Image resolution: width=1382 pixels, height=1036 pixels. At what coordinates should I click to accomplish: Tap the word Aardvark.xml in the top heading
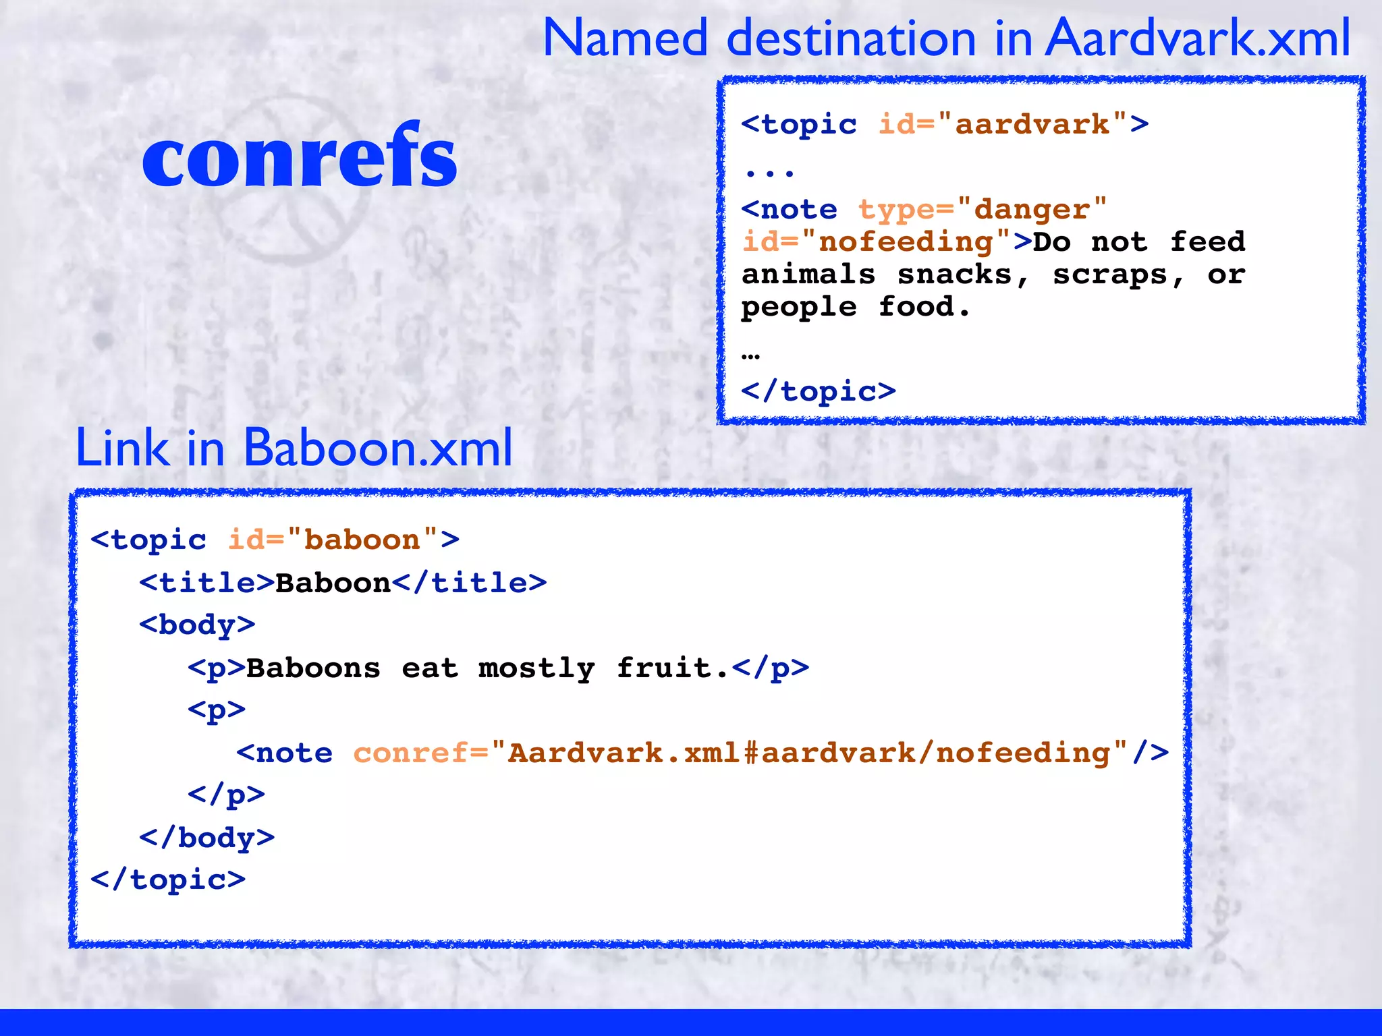point(1198,38)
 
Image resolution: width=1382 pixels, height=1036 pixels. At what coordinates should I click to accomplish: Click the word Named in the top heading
point(625,38)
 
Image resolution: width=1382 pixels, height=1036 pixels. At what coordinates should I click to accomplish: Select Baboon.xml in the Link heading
point(378,448)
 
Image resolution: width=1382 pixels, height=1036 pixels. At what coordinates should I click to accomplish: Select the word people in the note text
point(799,308)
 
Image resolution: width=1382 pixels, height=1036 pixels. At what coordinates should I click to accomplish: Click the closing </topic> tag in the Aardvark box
point(819,391)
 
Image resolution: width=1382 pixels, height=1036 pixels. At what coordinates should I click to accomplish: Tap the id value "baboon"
point(362,540)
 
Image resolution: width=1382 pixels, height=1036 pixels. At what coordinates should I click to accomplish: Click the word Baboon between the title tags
point(333,583)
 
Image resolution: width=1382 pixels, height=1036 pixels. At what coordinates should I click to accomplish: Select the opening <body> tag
point(197,625)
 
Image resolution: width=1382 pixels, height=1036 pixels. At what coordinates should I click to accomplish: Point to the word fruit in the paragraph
point(664,668)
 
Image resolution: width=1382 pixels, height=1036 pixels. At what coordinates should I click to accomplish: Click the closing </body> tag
point(206,838)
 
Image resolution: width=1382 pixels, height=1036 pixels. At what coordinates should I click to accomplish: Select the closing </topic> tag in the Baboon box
point(168,880)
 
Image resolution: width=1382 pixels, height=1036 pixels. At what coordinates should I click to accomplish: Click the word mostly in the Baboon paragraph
point(536,668)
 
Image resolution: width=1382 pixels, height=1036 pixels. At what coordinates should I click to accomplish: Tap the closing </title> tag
point(469,583)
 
